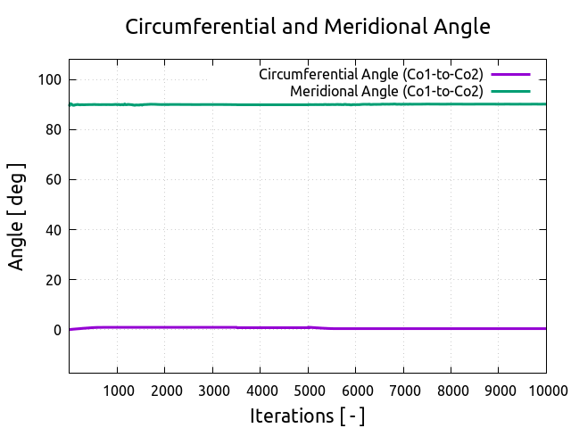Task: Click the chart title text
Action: tap(308, 27)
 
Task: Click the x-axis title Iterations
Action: tap(308, 416)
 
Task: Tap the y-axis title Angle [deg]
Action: tap(17, 217)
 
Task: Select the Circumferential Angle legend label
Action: tap(370, 74)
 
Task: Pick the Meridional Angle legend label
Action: tap(386, 91)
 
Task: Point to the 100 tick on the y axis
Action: tap(49, 80)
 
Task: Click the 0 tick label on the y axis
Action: tap(57, 330)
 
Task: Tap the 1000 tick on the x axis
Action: tap(117, 390)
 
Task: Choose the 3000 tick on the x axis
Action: tap(212, 390)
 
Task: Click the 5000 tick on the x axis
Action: tap(308, 390)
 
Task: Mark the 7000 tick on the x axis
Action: tap(403, 390)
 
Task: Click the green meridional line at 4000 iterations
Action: tap(260, 104)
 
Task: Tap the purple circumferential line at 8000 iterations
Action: tap(451, 328)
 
